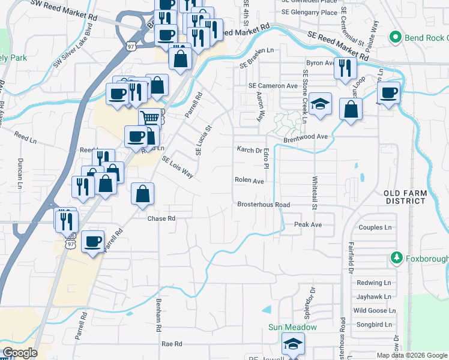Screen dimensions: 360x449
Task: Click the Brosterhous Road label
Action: pos(264,205)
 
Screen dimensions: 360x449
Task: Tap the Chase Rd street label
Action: pos(161,219)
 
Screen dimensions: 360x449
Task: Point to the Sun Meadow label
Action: pos(292,327)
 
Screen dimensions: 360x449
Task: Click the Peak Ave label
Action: pos(308,224)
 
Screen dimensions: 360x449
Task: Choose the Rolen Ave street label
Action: pos(249,181)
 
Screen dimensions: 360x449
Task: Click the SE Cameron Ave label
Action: pos(274,86)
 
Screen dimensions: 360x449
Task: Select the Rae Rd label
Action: pos(172,344)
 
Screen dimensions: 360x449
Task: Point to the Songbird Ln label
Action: pos(372,324)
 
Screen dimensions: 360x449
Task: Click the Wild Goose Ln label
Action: pos(374,310)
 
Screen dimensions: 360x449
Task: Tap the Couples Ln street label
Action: pos(375,227)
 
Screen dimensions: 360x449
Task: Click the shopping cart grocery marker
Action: pos(149,117)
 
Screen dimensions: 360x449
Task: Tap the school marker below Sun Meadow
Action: pos(293,344)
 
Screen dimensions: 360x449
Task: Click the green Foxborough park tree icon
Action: pos(396,258)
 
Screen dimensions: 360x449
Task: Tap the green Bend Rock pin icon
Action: pos(395,37)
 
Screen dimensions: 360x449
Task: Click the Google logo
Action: pos(19,353)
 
